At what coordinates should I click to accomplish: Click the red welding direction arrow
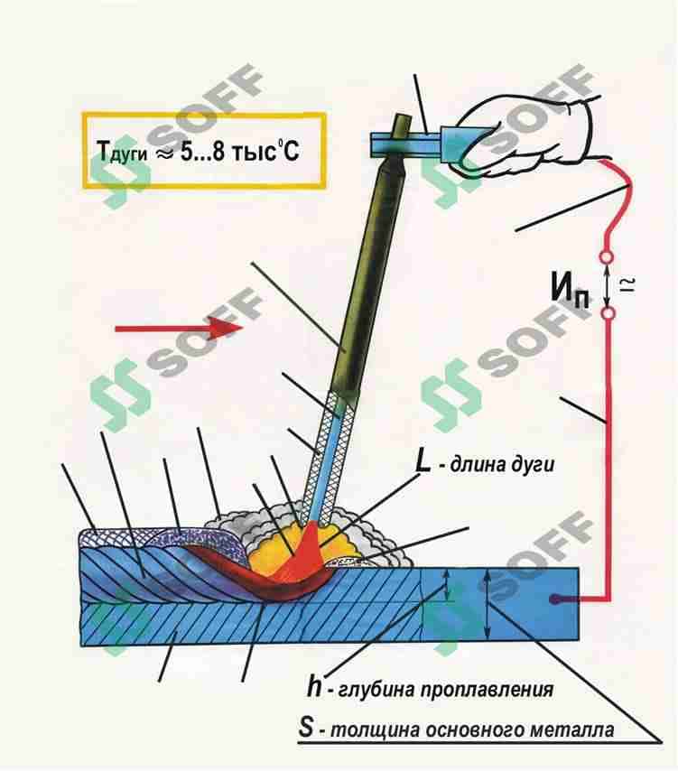click(179, 328)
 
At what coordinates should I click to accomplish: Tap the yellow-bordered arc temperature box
click(204, 114)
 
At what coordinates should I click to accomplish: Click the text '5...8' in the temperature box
click(202, 151)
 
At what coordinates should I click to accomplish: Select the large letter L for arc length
click(423, 462)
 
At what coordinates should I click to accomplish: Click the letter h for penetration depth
click(314, 686)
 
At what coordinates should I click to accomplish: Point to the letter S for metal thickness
click(306, 728)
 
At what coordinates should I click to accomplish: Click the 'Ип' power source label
click(570, 289)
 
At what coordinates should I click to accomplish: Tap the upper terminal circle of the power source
click(608, 257)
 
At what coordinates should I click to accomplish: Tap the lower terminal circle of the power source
click(608, 312)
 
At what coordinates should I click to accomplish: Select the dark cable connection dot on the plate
click(556, 599)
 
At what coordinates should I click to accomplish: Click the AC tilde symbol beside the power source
click(630, 284)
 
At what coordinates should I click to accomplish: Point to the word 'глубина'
click(376, 689)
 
